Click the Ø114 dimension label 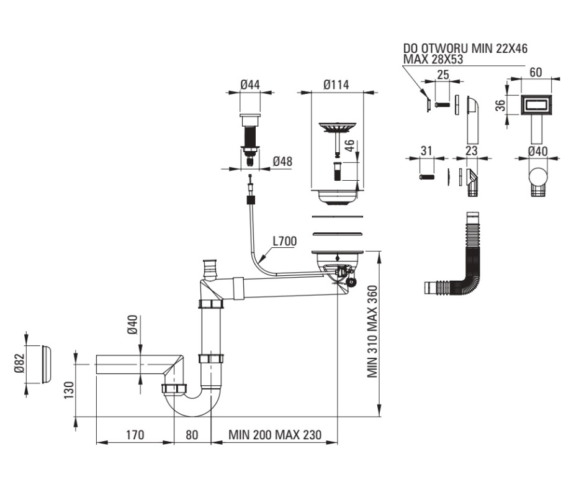[x=336, y=84]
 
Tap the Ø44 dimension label [x=250, y=84]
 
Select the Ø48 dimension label [x=282, y=162]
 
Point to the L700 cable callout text [x=285, y=241]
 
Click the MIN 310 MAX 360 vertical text [x=372, y=331]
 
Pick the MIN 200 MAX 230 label [x=275, y=435]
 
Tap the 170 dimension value [x=135, y=435]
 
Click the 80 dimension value [x=192, y=435]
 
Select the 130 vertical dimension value [x=69, y=390]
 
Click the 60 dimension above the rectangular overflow [x=536, y=72]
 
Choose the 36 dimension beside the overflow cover [x=500, y=106]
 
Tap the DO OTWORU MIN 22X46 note [x=465, y=48]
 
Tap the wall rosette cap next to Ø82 [x=46, y=365]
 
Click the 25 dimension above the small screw [x=442, y=75]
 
